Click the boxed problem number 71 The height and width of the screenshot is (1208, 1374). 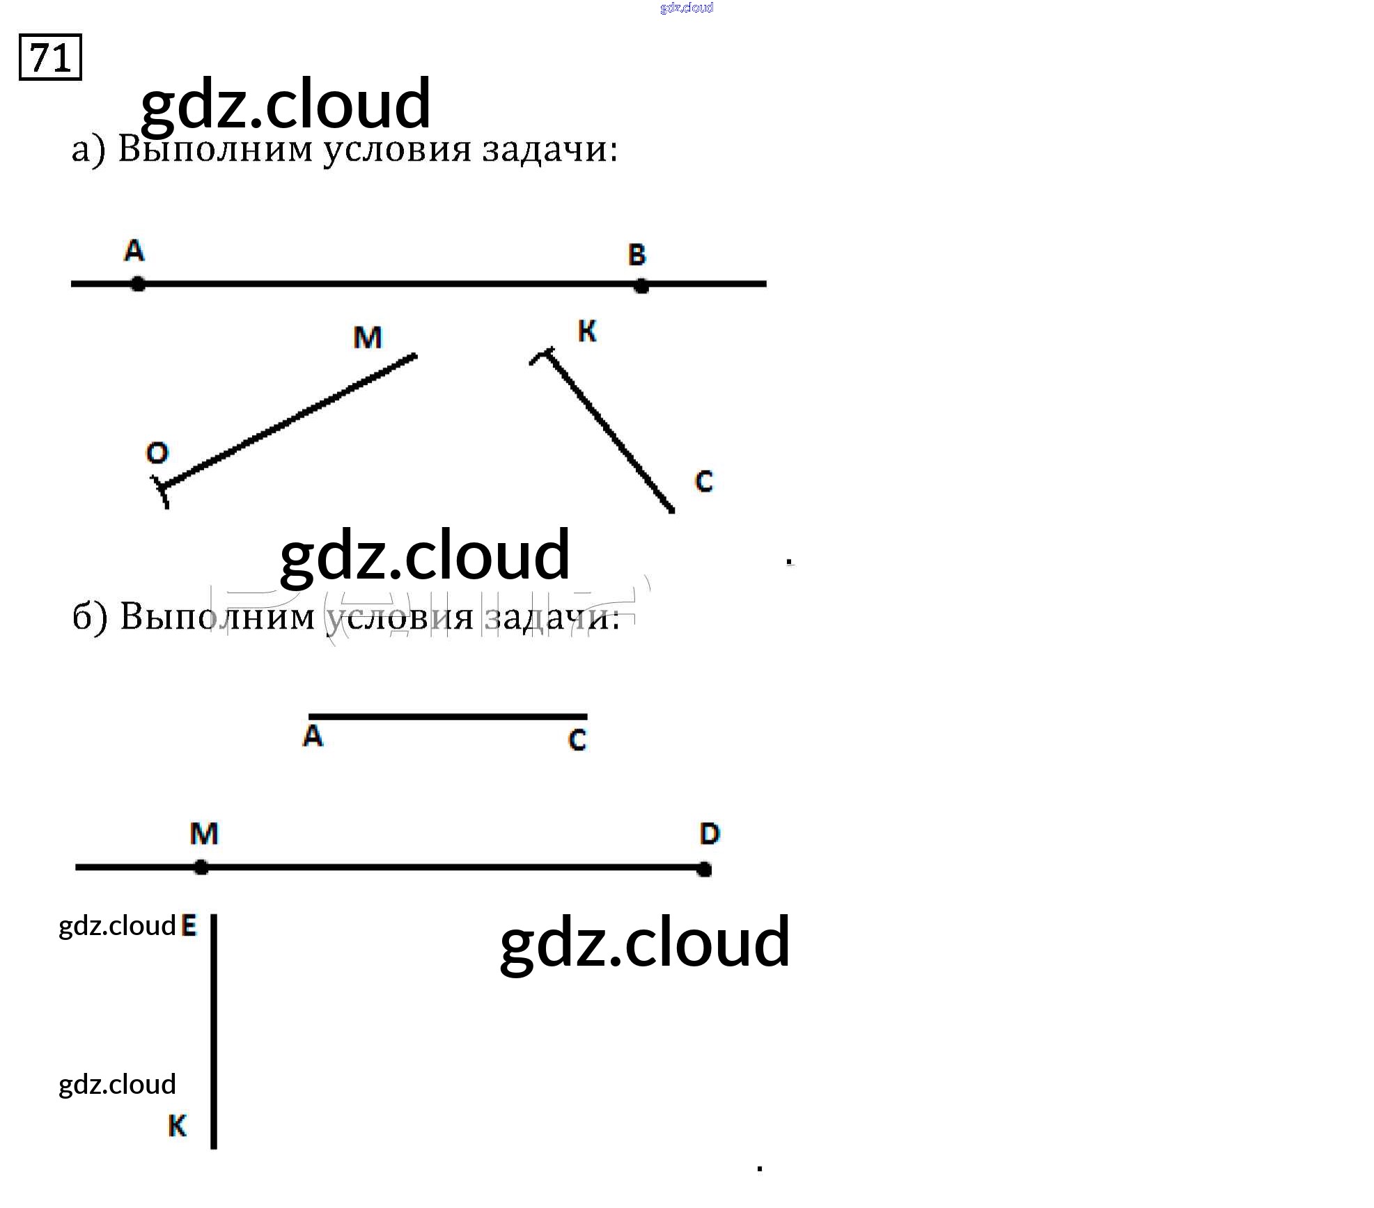tap(50, 57)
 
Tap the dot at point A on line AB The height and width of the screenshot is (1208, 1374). tap(138, 284)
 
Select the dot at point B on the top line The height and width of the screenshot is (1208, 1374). tap(641, 285)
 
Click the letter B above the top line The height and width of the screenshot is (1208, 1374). tap(637, 255)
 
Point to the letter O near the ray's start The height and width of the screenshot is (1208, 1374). tap(157, 453)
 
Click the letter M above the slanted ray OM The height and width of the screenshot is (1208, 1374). tap(368, 338)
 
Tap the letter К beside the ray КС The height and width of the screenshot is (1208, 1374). tap(587, 331)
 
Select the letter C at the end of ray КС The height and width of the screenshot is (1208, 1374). tap(704, 481)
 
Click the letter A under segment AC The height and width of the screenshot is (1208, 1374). tap(313, 736)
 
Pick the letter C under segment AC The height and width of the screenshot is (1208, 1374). tap(577, 739)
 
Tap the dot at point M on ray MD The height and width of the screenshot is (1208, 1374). tap(201, 868)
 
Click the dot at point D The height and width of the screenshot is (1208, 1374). tap(704, 869)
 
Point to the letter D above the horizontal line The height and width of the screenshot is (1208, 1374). tap(709, 833)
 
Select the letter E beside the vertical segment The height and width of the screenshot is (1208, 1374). tap(189, 926)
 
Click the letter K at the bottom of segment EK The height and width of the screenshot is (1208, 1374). tap(178, 1126)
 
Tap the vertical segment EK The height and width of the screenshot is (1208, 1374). tap(214, 1030)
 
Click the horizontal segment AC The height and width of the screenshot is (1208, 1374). tap(448, 716)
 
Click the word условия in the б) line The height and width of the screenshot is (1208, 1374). tap(400, 617)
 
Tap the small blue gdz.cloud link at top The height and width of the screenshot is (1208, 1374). tap(686, 8)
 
